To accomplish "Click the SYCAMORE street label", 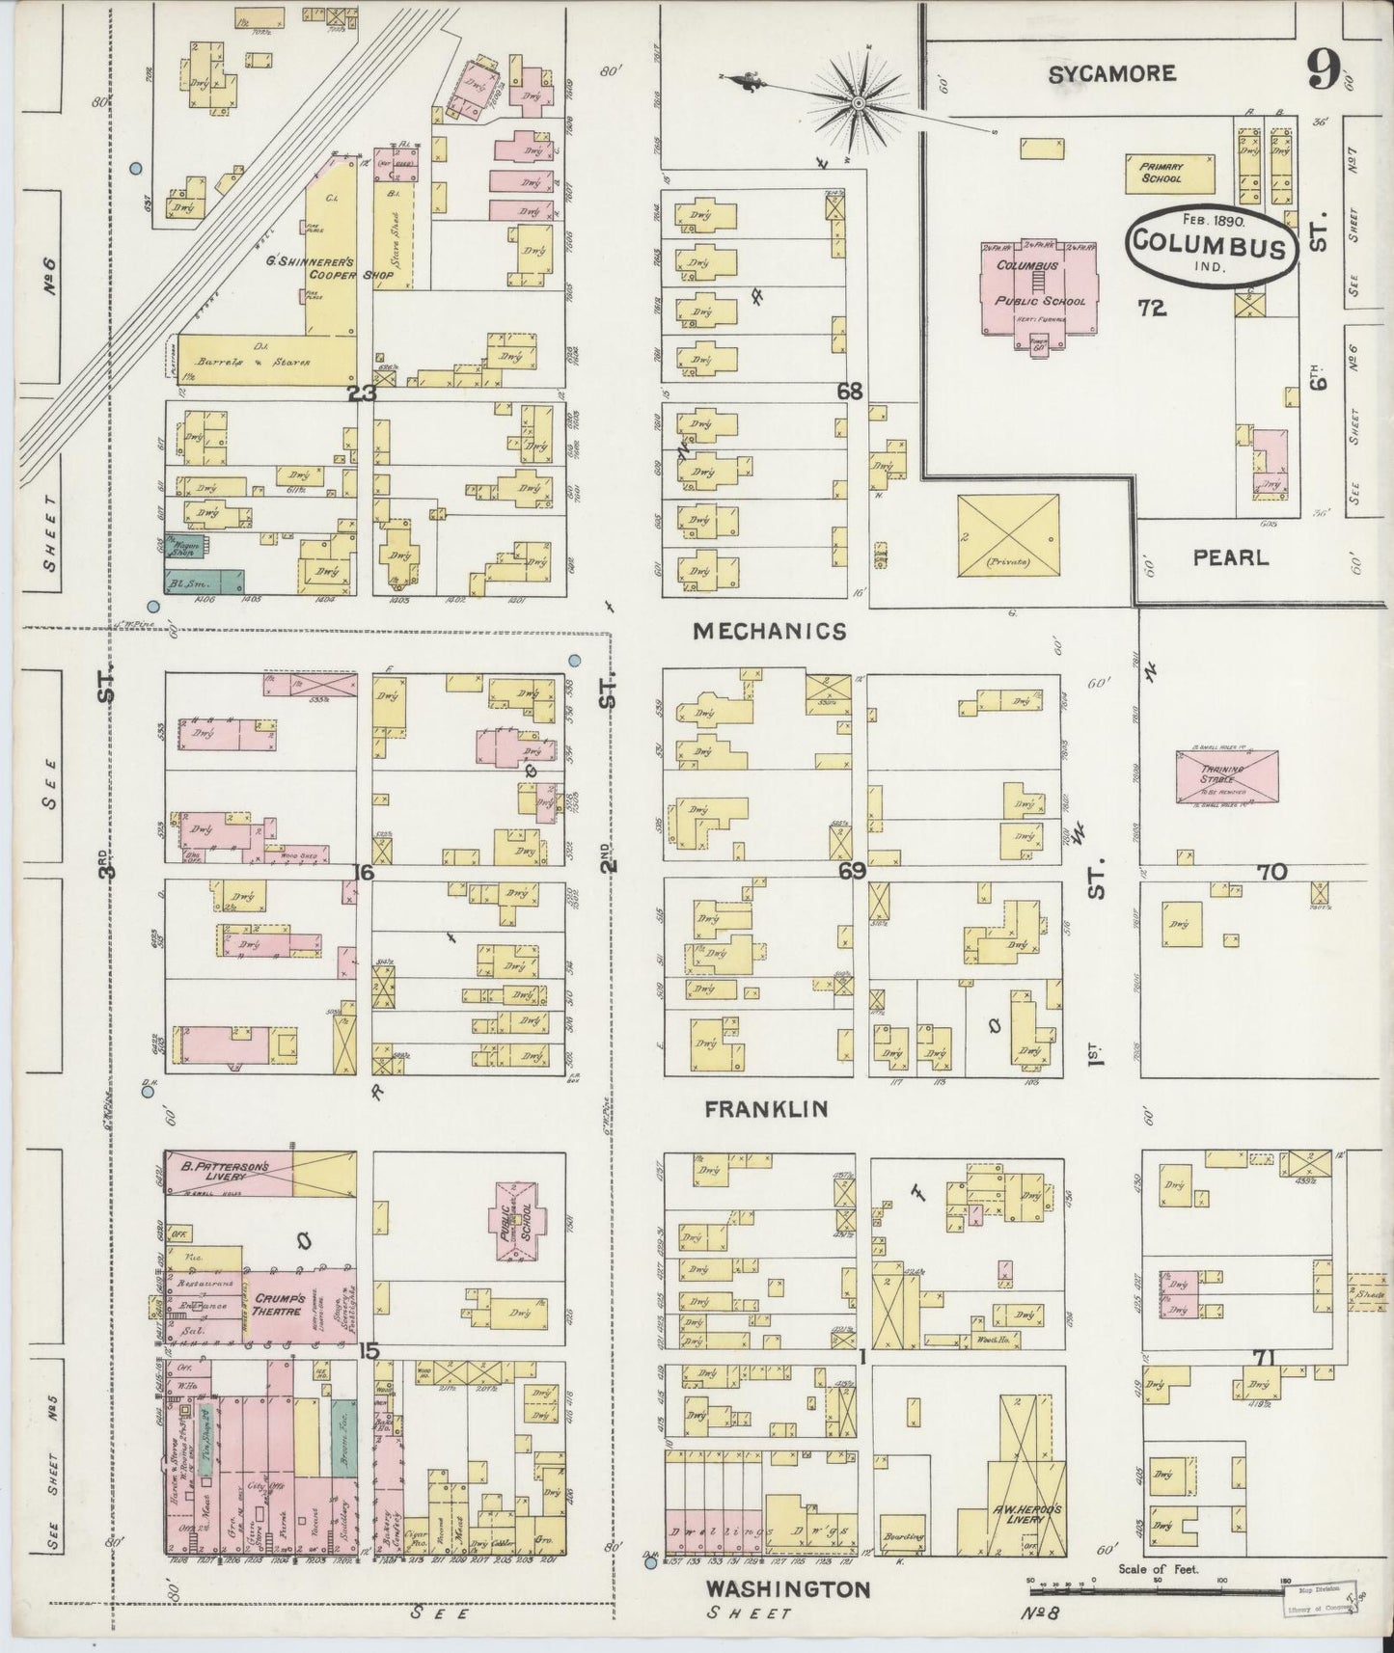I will [x=1111, y=73].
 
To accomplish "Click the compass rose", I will [x=857, y=100].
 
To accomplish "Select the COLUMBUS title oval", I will [x=1210, y=245].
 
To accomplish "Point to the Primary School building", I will [x=1161, y=173].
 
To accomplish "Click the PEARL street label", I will [x=1230, y=557].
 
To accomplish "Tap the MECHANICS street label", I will [x=770, y=631].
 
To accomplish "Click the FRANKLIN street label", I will [x=765, y=1109].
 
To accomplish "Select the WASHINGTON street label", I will [x=787, y=1588].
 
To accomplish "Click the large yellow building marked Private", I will [x=1008, y=536].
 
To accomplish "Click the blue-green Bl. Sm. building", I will [x=204, y=582].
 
